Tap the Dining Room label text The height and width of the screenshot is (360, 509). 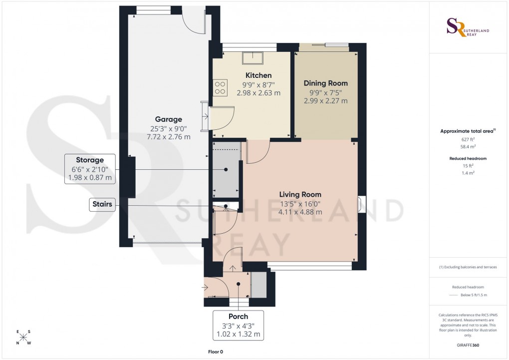click(x=325, y=83)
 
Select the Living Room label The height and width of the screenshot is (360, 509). click(x=300, y=194)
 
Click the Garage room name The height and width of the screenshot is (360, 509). click(x=168, y=119)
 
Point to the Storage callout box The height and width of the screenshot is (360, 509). click(x=90, y=169)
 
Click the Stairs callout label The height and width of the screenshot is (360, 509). click(x=102, y=204)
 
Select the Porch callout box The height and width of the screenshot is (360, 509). click(x=238, y=325)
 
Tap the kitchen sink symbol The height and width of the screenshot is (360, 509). click(x=254, y=58)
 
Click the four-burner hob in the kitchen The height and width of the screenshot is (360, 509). click(x=220, y=88)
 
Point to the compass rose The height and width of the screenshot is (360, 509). click(x=23, y=337)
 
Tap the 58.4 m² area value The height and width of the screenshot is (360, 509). click(x=468, y=148)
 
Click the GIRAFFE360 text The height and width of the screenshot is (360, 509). click(x=468, y=345)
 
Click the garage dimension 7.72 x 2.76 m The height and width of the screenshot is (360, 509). click(x=168, y=136)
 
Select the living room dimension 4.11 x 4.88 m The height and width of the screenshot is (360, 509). click(x=300, y=212)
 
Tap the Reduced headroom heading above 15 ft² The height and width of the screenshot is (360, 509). click(x=468, y=158)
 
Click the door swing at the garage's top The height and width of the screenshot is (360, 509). click(x=193, y=20)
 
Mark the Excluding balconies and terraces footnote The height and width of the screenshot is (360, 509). click(x=468, y=267)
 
